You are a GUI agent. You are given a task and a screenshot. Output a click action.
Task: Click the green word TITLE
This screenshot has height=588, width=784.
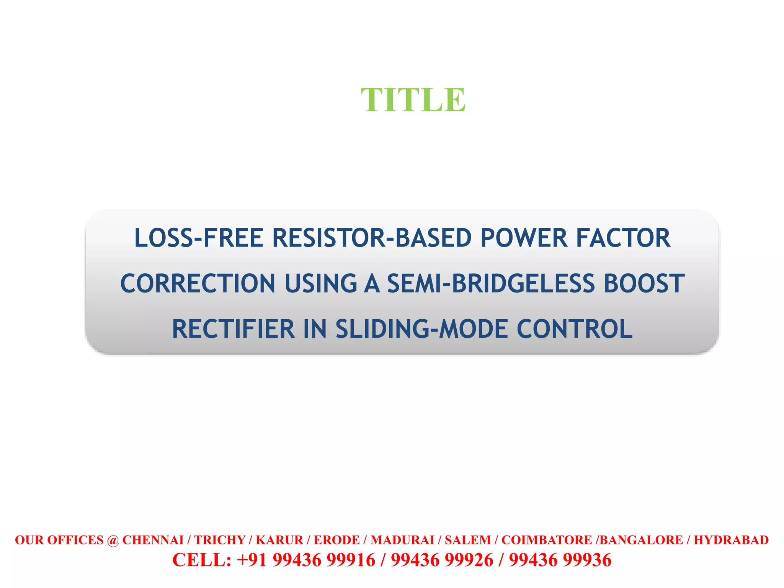(413, 100)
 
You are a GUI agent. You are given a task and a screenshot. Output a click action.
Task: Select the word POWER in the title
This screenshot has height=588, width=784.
(524, 238)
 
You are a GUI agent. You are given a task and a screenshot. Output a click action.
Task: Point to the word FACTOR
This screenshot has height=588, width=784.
(623, 238)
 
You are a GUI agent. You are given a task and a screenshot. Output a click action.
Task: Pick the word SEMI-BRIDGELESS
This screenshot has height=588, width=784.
(491, 284)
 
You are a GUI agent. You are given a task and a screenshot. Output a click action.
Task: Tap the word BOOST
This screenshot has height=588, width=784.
(644, 284)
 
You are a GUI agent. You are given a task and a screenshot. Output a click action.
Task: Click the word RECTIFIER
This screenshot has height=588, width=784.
(233, 329)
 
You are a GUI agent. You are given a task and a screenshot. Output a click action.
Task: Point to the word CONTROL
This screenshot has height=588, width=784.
(575, 329)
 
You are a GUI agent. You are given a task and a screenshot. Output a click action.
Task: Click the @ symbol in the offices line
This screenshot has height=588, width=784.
(113, 540)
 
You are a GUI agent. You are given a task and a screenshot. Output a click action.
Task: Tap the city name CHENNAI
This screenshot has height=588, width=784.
(153, 540)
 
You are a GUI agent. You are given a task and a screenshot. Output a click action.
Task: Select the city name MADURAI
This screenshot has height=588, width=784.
(402, 540)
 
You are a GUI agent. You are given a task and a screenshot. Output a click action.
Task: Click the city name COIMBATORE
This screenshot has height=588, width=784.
(547, 540)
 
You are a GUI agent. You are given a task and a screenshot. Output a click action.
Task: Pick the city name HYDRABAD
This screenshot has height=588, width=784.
(731, 540)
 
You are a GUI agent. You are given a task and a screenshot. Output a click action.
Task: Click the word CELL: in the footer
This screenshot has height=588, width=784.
(202, 560)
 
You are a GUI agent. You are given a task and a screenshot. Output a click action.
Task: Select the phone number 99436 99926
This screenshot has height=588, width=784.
(442, 560)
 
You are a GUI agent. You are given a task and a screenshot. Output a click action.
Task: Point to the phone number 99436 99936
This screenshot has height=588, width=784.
(560, 560)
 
